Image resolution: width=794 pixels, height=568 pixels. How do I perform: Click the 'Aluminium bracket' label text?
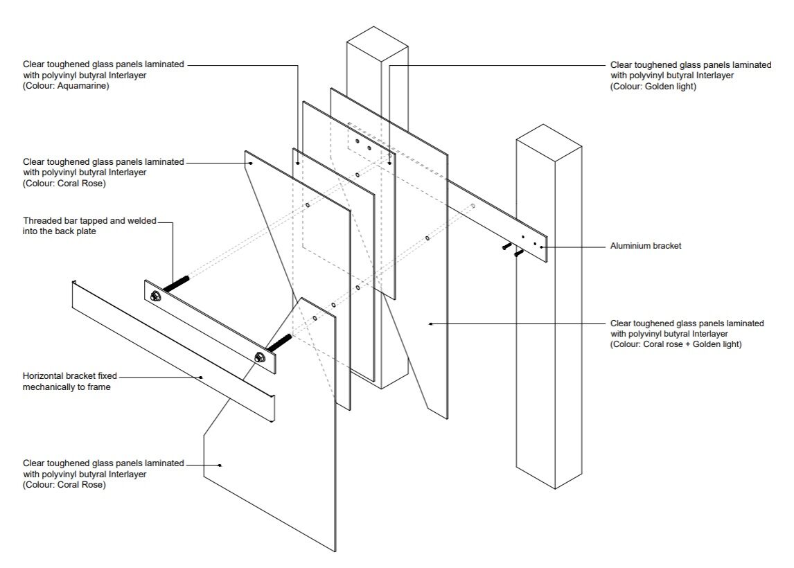point(646,246)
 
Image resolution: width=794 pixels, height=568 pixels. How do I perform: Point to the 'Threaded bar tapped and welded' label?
point(89,221)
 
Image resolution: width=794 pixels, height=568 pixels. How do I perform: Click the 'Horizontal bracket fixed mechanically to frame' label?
point(69,382)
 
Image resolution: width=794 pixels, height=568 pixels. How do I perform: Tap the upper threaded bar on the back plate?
point(176,285)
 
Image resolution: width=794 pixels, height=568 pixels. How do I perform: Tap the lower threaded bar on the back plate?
point(279,342)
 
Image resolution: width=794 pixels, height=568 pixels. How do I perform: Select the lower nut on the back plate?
point(261,357)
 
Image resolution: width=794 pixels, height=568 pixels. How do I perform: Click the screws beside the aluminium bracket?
point(512,249)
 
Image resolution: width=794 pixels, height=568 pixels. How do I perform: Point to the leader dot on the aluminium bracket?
point(542,246)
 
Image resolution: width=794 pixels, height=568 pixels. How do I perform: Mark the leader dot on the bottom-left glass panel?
point(220,465)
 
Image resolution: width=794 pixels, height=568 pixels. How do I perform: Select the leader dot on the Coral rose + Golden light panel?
point(430,323)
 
